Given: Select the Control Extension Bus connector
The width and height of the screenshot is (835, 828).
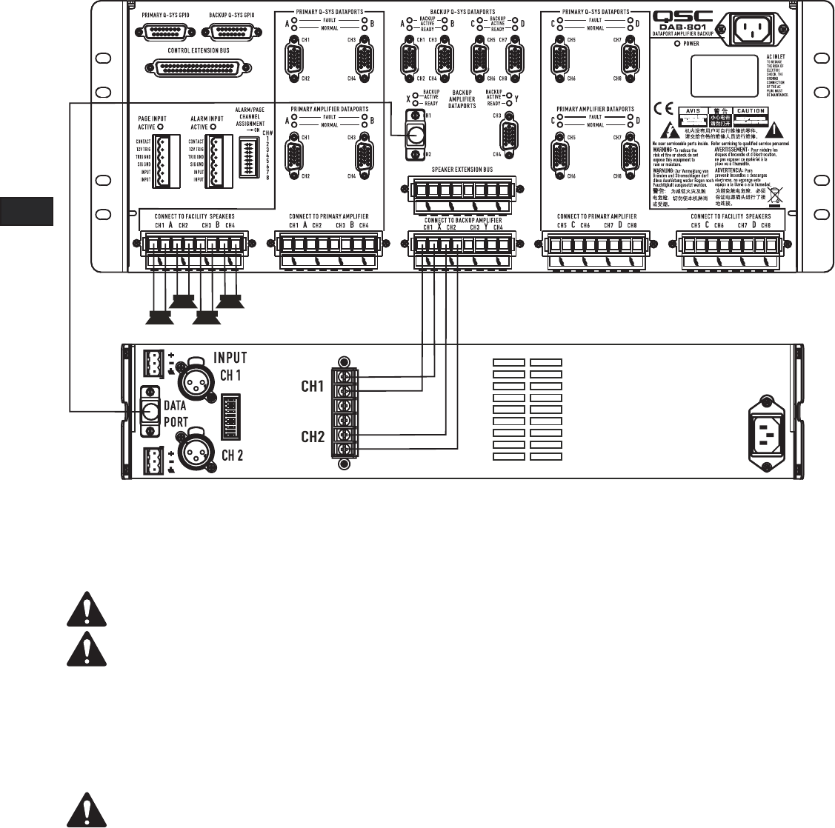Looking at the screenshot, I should [x=202, y=67].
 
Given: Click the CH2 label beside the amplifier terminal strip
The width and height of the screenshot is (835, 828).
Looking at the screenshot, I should [x=313, y=437].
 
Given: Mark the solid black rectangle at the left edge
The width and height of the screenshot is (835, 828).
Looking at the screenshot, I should [x=27, y=210].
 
